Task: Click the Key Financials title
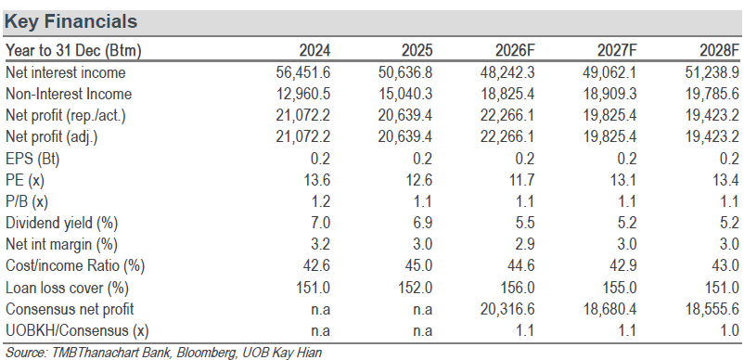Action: [71, 21]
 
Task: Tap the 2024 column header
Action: [314, 50]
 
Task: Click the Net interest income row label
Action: [66, 72]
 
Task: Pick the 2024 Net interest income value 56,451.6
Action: [303, 72]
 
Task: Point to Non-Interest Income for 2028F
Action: [712, 94]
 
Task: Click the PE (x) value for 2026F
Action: [522, 180]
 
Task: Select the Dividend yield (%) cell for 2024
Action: [321, 223]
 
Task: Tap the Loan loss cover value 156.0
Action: [518, 288]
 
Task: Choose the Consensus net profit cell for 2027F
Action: [609, 309]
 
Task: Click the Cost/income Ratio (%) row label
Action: [74, 265]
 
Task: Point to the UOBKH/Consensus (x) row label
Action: [77, 330]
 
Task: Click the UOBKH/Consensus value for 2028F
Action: [729, 330]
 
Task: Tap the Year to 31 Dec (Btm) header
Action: [73, 50]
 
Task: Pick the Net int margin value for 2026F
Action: [524, 244]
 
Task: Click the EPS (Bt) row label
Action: [32, 159]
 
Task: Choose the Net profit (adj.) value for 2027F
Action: [609, 137]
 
